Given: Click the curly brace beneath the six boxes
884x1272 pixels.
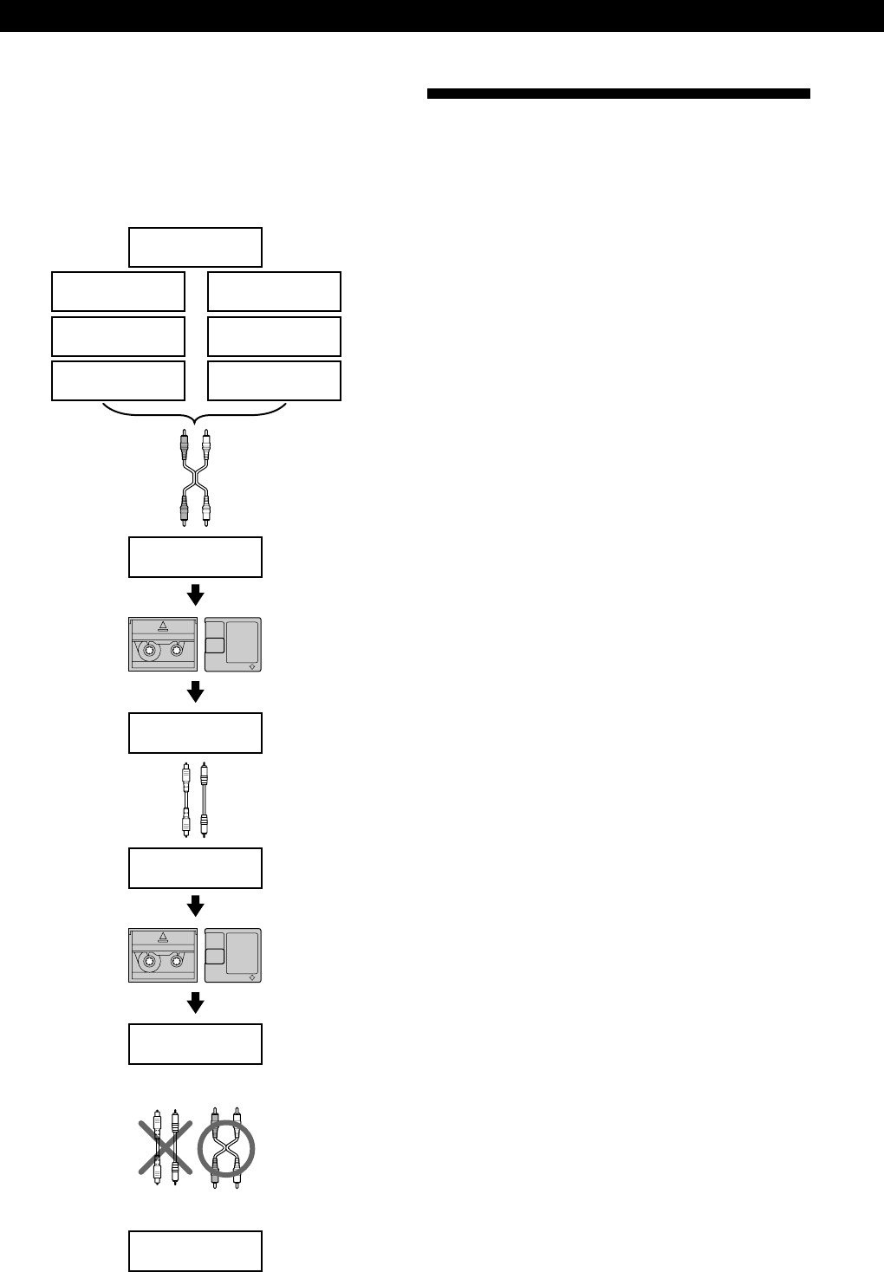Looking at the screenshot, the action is pyautogui.click(x=195, y=414).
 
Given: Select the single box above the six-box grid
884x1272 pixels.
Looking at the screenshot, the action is pyautogui.click(x=195, y=247).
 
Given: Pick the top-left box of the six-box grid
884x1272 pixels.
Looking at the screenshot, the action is pyautogui.click(x=118, y=291).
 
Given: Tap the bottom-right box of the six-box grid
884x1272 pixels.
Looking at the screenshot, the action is pyautogui.click(x=274, y=380).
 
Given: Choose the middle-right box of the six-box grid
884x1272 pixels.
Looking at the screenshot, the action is pyautogui.click(x=274, y=336).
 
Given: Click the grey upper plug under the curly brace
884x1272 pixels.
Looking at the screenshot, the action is pyautogui.click(x=184, y=446).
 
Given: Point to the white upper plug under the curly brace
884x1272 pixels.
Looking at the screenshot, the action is pyautogui.click(x=206, y=446).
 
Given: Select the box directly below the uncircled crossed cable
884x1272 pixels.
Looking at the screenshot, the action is pyautogui.click(x=195, y=556).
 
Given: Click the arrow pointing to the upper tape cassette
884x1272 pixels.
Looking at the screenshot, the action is pyautogui.click(x=195, y=594).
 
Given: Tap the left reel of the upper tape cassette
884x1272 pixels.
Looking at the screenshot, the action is pyautogui.click(x=150, y=650).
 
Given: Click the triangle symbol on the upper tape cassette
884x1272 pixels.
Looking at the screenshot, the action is pyautogui.click(x=162, y=626).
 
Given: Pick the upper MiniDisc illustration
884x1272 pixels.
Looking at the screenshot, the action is pyautogui.click(x=232, y=645).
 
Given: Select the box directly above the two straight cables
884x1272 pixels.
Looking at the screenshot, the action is pyautogui.click(x=195, y=732).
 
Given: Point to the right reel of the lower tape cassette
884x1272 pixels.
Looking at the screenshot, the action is pyautogui.click(x=178, y=960).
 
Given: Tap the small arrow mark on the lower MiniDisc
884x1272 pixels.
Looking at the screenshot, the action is pyautogui.click(x=251, y=976).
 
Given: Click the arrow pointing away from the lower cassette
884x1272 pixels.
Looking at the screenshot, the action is pyautogui.click(x=195, y=1003).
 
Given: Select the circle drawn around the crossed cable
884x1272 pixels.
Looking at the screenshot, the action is pyautogui.click(x=225, y=1149).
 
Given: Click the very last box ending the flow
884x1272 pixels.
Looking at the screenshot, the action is pyautogui.click(x=195, y=1250).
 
